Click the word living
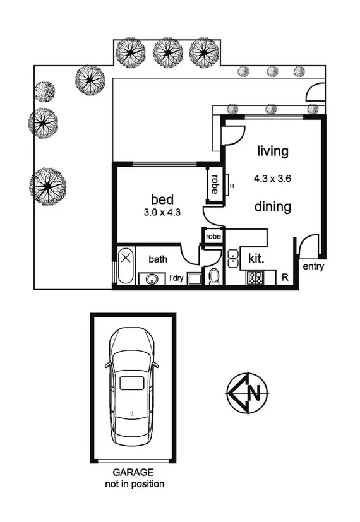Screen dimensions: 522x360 point(273,151)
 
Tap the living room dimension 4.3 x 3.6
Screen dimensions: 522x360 point(273,179)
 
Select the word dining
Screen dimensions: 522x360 point(273,206)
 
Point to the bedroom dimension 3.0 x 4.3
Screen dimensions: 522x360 point(162,213)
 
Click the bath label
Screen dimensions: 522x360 point(157,258)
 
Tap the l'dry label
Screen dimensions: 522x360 point(176,278)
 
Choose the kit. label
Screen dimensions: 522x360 point(256,258)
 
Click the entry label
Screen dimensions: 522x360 point(313,267)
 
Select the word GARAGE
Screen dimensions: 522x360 point(133,472)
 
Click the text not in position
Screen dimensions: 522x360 point(133,484)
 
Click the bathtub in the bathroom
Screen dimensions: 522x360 point(126,267)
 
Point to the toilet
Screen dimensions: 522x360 point(213,276)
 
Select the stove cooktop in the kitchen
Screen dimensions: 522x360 point(255,277)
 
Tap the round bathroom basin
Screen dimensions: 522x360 point(152,279)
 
